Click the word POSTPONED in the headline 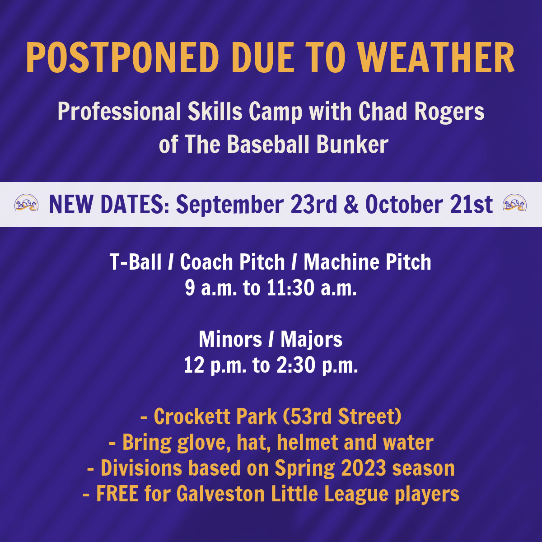click(x=123, y=58)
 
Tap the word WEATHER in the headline click(x=436, y=58)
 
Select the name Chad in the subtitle click(x=383, y=111)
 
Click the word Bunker click(x=352, y=144)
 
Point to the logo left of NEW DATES click(x=27, y=202)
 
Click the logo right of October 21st click(x=515, y=202)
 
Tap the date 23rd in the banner click(x=313, y=204)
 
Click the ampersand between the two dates click(x=351, y=204)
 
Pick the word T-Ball click(x=135, y=262)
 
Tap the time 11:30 click(x=290, y=288)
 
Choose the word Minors click(x=230, y=339)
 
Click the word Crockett click(x=192, y=416)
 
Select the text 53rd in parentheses click(x=311, y=416)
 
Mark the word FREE click(x=117, y=494)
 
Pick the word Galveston click(x=220, y=494)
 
